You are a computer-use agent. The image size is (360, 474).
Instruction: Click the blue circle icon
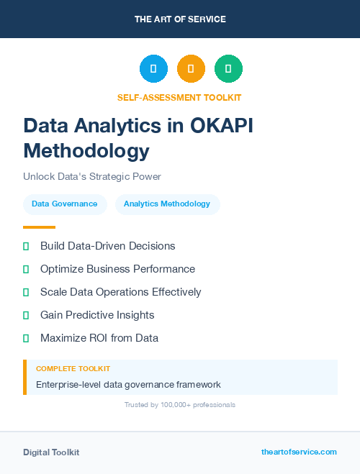click(x=153, y=68)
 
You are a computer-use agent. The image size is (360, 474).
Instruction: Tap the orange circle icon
click(x=191, y=68)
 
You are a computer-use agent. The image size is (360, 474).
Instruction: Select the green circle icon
click(x=228, y=68)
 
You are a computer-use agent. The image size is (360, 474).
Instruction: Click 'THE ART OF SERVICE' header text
click(x=180, y=19)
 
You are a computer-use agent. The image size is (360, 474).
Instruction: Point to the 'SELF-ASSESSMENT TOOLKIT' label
click(x=179, y=97)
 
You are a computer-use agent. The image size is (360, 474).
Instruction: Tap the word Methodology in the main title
click(x=86, y=151)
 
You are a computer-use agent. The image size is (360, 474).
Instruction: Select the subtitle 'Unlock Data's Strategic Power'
click(x=92, y=176)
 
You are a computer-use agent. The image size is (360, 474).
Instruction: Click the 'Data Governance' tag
click(x=65, y=204)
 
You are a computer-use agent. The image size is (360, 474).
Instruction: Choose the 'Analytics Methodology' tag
click(x=167, y=204)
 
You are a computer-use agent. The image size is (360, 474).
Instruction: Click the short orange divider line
click(x=39, y=227)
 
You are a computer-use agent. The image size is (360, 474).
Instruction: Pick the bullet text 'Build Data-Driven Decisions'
click(x=107, y=246)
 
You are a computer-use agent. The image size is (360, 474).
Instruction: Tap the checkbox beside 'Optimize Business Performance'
click(x=26, y=269)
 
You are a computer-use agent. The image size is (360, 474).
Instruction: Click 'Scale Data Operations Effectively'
click(x=120, y=292)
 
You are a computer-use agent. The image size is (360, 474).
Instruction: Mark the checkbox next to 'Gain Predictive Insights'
click(x=26, y=315)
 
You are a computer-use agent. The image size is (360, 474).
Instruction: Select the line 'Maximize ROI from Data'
click(x=99, y=338)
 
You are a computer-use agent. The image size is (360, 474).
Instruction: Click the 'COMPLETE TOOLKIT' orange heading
click(x=73, y=368)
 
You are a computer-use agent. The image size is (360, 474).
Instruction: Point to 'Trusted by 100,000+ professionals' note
click(x=180, y=405)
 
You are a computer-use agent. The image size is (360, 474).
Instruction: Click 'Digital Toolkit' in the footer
click(x=51, y=452)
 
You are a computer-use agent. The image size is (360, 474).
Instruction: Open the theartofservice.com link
click(x=299, y=452)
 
